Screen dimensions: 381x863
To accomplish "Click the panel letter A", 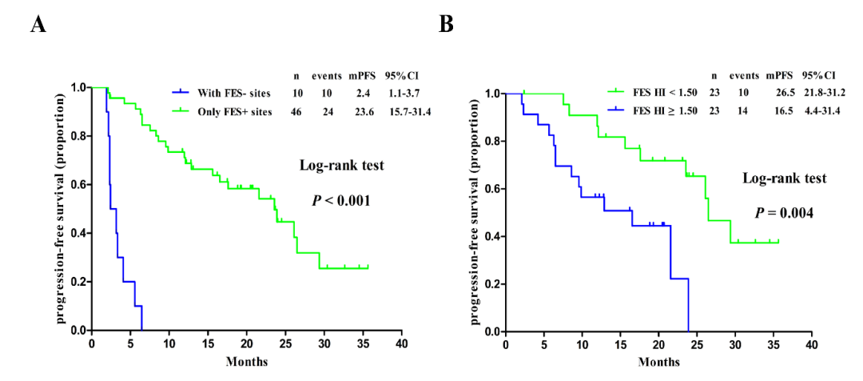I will click(x=37, y=24).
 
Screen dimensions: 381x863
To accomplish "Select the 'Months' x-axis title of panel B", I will click(x=658, y=363).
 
